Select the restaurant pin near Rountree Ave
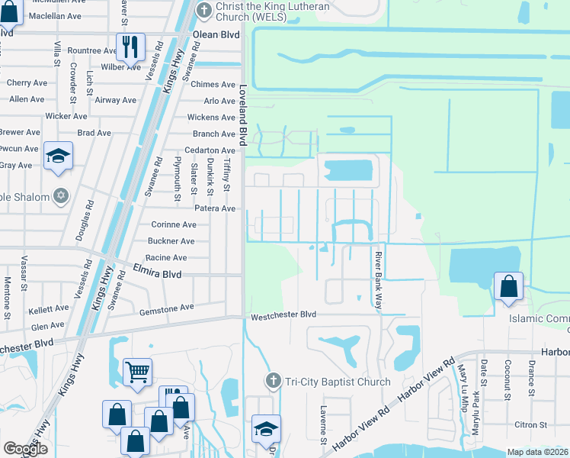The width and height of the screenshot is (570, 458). [x=130, y=47]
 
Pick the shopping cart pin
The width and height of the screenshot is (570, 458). [x=137, y=373]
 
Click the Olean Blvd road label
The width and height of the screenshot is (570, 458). [x=216, y=35]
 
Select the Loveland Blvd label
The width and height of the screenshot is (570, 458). [x=243, y=114]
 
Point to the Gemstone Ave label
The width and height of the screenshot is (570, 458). [x=167, y=308]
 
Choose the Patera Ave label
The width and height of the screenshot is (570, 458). [x=215, y=208]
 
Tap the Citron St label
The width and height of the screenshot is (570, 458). [x=532, y=424]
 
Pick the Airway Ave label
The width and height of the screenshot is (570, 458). [x=117, y=100]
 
